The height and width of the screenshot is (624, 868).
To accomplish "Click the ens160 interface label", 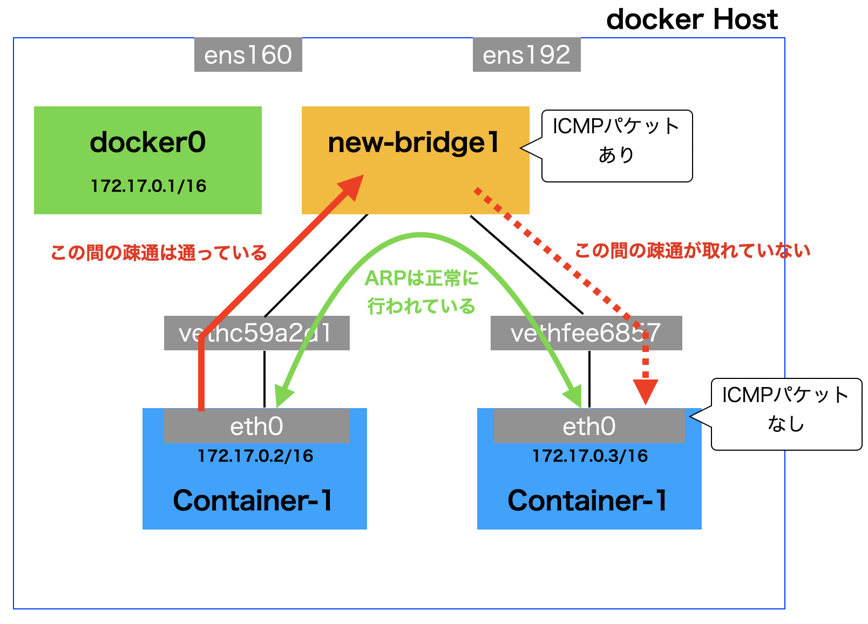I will [x=248, y=55].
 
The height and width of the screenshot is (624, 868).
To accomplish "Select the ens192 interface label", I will [x=526, y=55].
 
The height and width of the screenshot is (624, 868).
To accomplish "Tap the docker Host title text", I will [x=691, y=20].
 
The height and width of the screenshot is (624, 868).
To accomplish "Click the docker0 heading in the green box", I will [x=147, y=143].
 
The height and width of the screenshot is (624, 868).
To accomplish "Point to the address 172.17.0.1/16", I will [x=148, y=186].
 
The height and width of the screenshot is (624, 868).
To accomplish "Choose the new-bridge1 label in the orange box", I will [x=413, y=143].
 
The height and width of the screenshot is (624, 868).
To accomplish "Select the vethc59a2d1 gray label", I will [x=256, y=333].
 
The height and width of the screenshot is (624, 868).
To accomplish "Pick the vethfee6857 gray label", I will [x=586, y=333].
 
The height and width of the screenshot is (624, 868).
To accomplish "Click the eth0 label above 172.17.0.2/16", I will [x=256, y=426].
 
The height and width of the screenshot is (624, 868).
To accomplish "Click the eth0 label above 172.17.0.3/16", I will [x=589, y=426].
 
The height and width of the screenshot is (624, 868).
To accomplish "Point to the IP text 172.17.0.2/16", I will [x=255, y=456].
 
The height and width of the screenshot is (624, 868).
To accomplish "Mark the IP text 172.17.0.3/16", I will [x=590, y=456].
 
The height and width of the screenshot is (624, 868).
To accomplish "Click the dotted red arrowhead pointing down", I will [x=645, y=391].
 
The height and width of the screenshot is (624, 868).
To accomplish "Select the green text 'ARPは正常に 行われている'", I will [x=421, y=293].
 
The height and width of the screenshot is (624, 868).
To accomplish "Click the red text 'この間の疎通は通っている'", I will [x=159, y=253].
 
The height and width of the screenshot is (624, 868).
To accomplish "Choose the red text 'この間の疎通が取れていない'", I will [x=693, y=251].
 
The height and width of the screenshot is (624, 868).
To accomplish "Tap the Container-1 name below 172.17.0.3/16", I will [x=587, y=501].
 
